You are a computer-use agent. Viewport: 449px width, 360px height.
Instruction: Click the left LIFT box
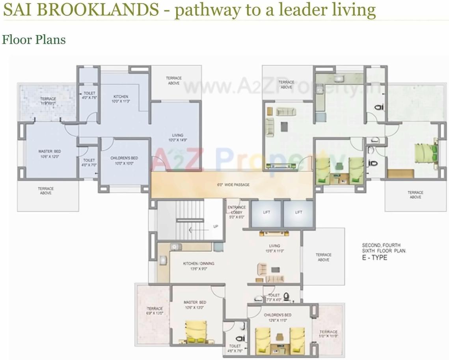[x=266, y=213]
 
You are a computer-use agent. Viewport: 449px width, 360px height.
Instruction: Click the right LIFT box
[x=298, y=213]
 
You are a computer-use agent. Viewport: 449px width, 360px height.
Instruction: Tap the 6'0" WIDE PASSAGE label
[x=233, y=185]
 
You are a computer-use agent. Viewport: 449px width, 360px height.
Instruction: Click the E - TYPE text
[x=374, y=257]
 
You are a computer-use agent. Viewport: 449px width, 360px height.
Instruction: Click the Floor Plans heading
[x=34, y=40]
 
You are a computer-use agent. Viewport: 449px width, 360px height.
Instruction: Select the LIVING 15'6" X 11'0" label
[x=274, y=248]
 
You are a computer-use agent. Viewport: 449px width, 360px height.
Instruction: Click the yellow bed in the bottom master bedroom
[x=196, y=331]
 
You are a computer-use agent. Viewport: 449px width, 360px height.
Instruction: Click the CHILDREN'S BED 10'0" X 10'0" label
[x=124, y=160]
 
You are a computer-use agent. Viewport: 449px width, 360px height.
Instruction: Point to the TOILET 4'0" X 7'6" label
[x=89, y=96]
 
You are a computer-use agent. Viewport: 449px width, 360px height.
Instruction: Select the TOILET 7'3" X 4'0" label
[x=274, y=297]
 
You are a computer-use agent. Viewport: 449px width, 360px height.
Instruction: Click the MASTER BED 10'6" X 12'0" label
[x=50, y=154]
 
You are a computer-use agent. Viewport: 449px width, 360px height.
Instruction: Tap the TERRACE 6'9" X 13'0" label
[x=155, y=311]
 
